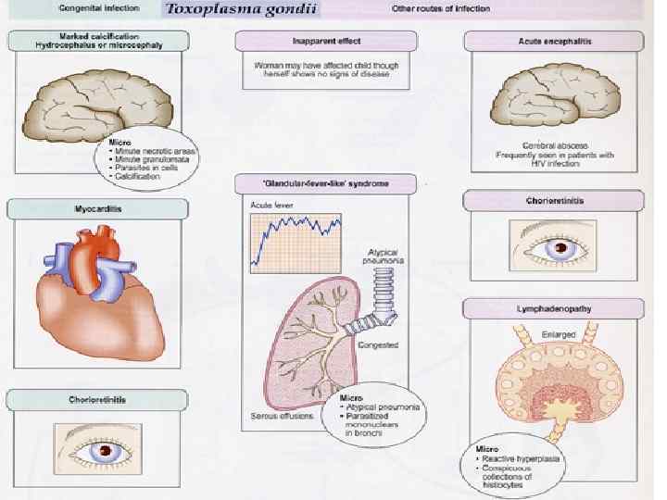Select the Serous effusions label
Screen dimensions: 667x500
283,416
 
